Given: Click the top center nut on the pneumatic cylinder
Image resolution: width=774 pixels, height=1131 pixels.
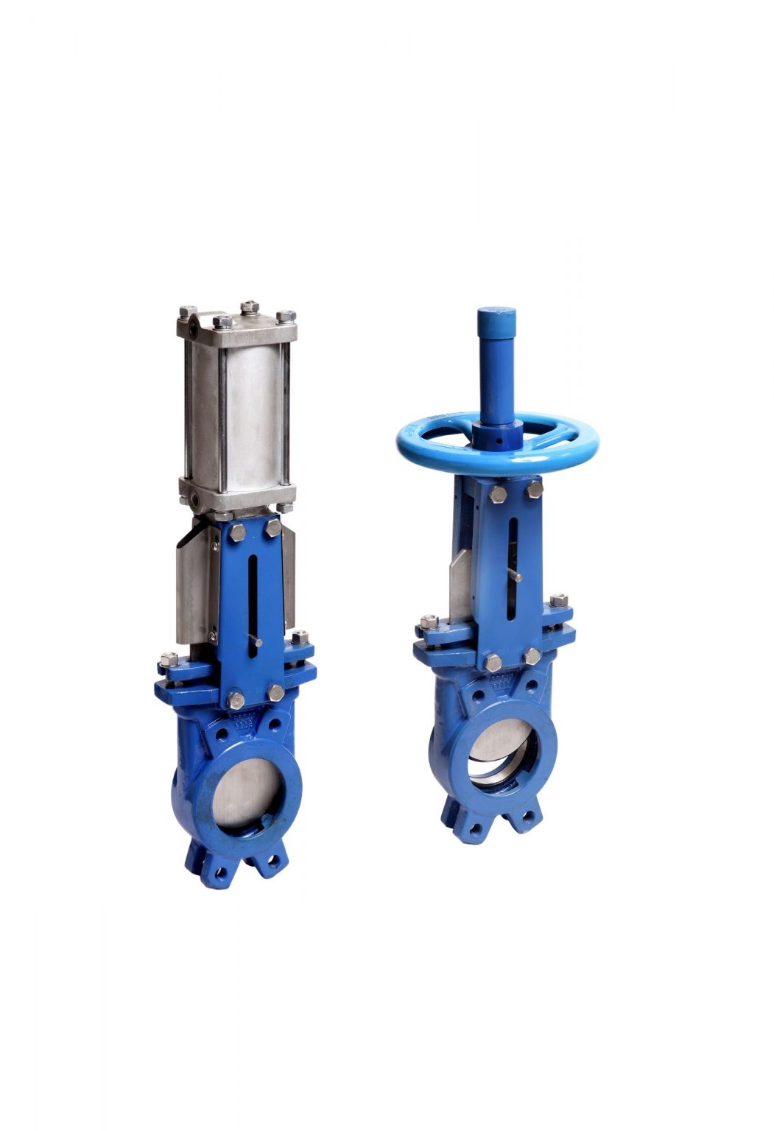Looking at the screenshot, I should [x=250, y=306].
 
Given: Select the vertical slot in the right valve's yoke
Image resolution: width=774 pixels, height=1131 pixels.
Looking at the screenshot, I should [x=513, y=560].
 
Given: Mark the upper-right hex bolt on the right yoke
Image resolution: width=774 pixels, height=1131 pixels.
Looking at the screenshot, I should [x=535, y=491].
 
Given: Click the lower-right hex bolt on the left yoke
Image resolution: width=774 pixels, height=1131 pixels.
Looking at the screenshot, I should [x=275, y=692].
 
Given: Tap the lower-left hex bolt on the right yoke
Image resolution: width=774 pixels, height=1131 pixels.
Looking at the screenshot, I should [x=493, y=662].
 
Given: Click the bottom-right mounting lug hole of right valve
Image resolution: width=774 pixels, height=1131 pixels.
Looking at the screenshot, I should [x=528, y=817].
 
